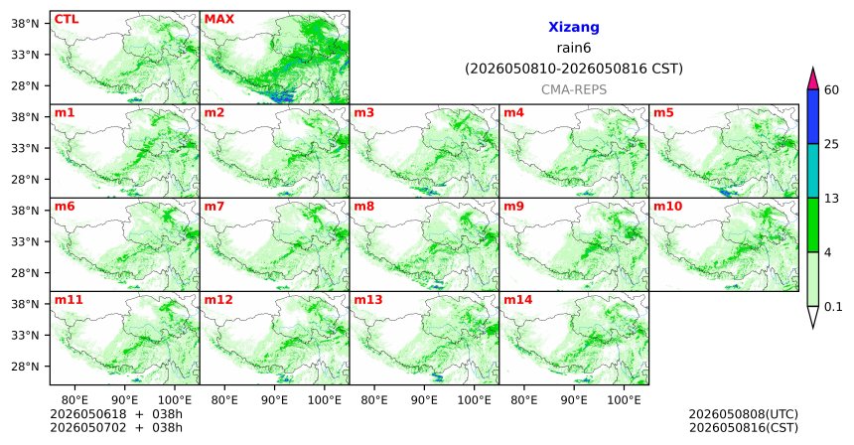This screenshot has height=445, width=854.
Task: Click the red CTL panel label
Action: click(x=66, y=19)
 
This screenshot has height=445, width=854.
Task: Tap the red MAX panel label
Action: click(x=218, y=19)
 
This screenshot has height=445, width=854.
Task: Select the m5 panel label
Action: click(x=663, y=113)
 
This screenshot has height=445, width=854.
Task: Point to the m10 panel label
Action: click(x=667, y=207)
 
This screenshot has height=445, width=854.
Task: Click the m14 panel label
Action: click(x=518, y=300)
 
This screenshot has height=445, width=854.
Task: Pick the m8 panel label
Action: click(x=364, y=207)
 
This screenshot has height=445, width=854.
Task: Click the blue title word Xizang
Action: click(x=574, y=27)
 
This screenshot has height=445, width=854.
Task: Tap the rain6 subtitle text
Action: click(x=574, y=48)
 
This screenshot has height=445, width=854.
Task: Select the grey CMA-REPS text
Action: click(x=574, y=89)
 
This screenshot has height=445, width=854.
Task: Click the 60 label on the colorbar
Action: click(x=831, y=89)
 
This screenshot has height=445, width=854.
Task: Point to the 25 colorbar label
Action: click(x=831, y=144)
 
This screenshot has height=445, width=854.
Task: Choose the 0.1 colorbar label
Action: click(x=833, y=307)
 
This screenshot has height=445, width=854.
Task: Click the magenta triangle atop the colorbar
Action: click(x=813, y=78)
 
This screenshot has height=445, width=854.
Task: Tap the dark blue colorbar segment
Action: click(x=813, y=116)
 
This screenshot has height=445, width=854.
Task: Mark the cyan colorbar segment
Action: click(x=813, y=171)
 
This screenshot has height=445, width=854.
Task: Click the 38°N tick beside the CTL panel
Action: click(x=25, y=24)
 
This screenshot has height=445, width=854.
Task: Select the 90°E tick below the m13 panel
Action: click(x=424, y=400)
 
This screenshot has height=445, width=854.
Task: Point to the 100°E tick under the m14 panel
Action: click(x=624, y=400)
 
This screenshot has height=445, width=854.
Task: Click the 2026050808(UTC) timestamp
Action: click(x=744, y=414)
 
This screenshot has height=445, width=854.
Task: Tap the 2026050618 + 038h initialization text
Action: click(x=116, y=414)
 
